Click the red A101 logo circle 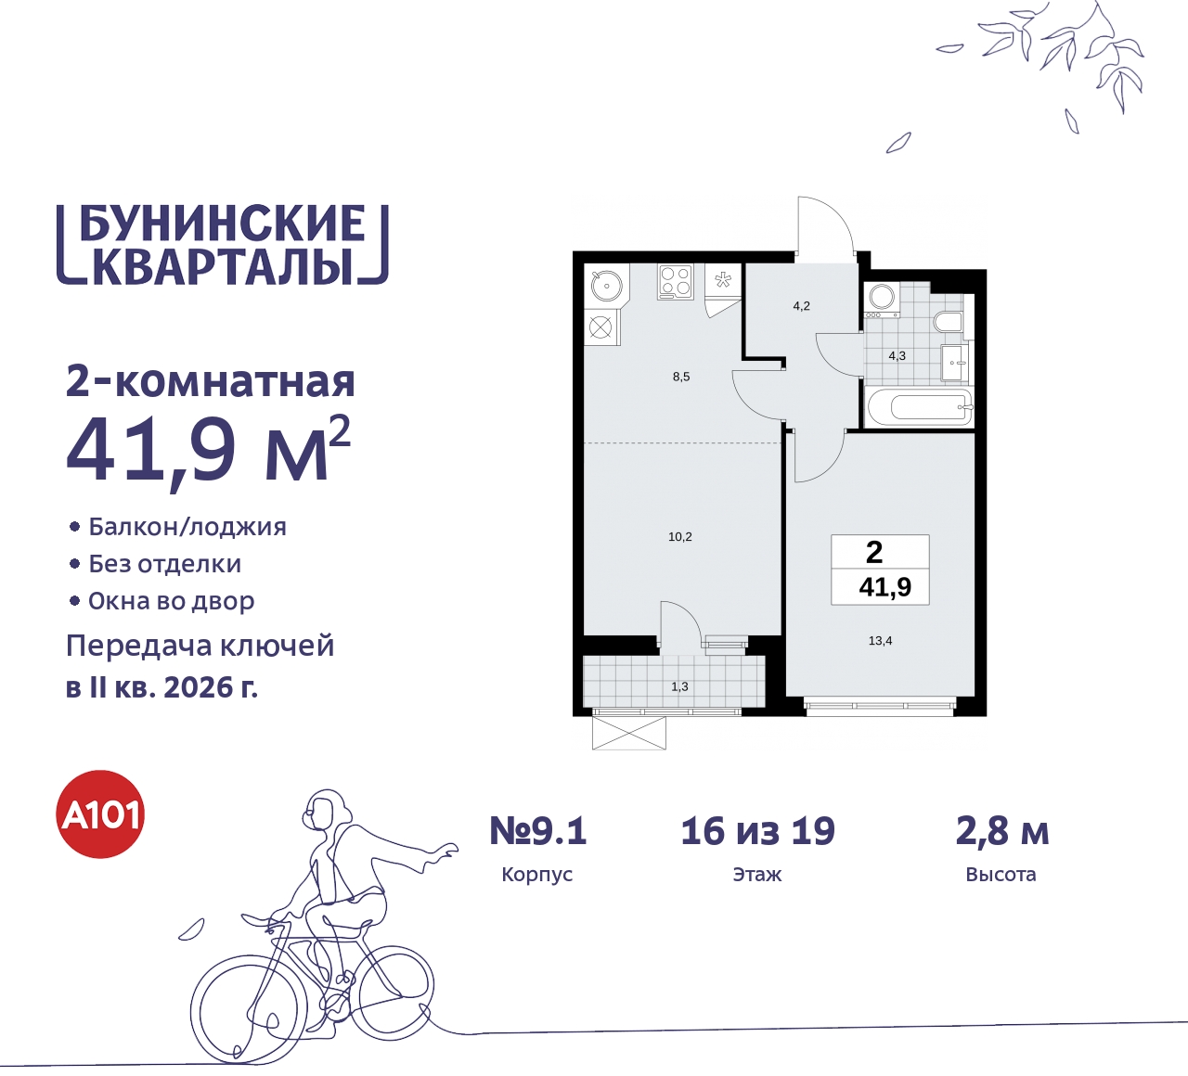point(101,814)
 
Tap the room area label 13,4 point(880,641)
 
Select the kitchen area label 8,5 point(681,377)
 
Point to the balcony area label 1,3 point(680,686)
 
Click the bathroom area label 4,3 point(897,355)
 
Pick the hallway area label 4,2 point(801,306)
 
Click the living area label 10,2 point(680,537)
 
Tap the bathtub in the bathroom point(918,406)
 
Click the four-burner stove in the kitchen point(675,281)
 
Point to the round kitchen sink point(606,285)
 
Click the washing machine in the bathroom point(881,299)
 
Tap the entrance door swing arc point(825,223)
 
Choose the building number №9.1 point(538,831)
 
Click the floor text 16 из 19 point(757,831)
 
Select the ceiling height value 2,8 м point(1001,831)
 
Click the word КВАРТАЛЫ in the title point(223,266)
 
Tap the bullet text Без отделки point(165,564)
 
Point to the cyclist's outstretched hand point(448,849)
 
